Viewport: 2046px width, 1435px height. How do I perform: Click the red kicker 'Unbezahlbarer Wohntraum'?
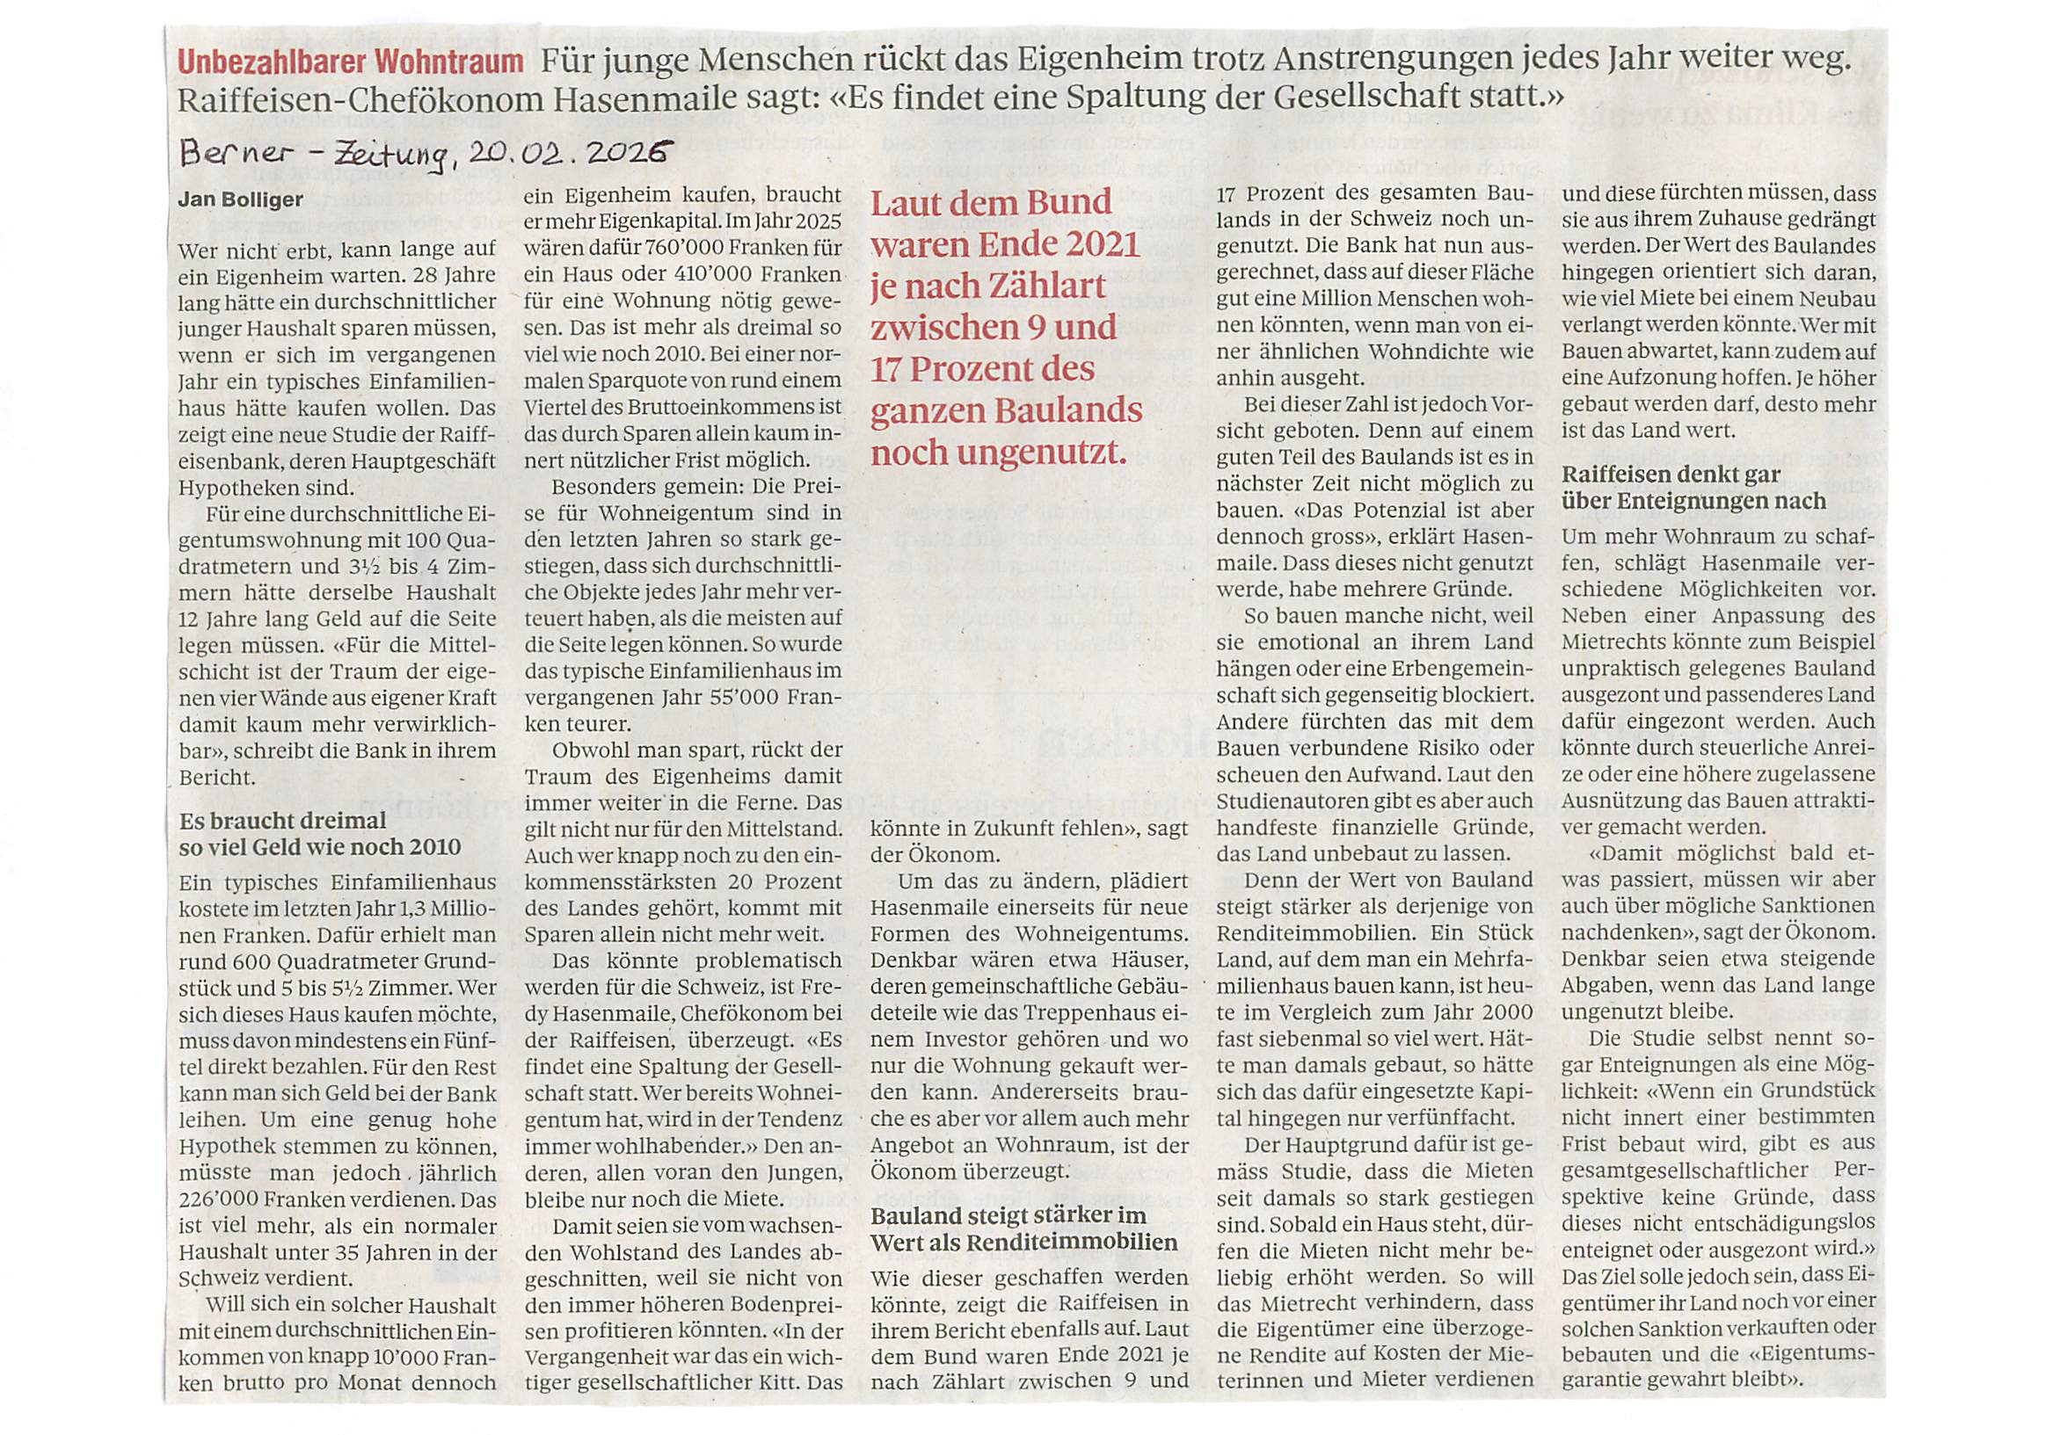coord(350,63)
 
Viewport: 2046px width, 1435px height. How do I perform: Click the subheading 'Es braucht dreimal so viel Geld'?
coord(320,833)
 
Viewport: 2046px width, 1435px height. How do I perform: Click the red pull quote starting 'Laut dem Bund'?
coord(1006,327)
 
